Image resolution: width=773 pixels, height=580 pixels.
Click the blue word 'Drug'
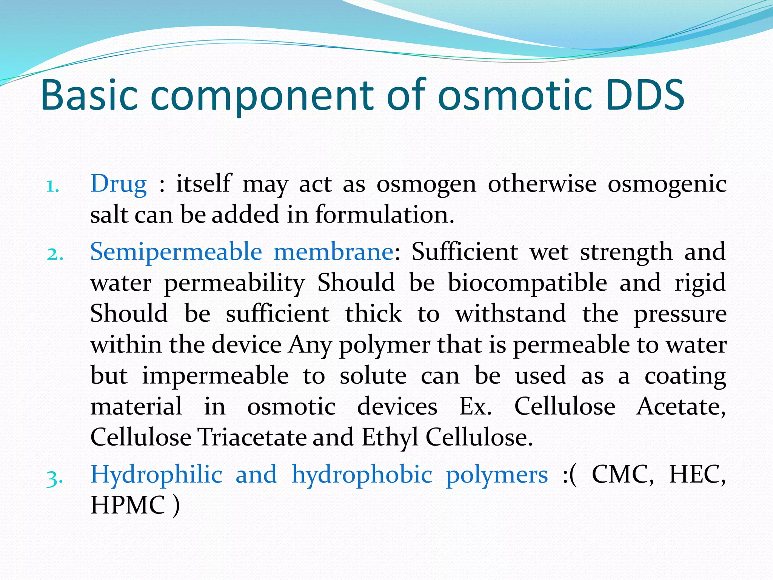(119, 184)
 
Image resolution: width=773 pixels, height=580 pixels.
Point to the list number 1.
(53, 186)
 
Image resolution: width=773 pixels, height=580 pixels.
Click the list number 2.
(54, 254)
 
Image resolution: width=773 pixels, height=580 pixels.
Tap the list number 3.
(54, 478)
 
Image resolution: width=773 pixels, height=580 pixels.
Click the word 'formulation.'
(385, 215)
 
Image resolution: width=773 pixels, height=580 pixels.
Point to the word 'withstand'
(511, 314)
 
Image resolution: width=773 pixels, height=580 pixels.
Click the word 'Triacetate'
(252, 438)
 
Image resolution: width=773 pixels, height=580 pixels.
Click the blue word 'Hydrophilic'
(156, 475)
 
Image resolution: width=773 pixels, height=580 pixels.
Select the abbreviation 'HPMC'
(128, 506)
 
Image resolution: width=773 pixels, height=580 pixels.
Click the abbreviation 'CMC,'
(622, 475)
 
